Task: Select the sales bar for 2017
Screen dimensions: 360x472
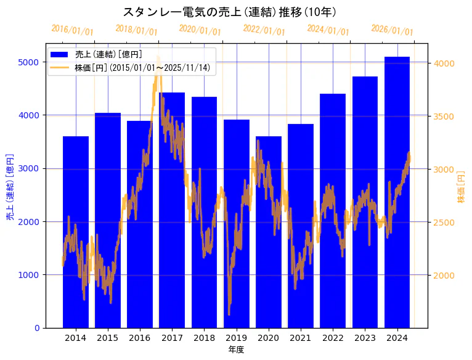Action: [172, 210]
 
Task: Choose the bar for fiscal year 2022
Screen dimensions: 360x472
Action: [333, 210]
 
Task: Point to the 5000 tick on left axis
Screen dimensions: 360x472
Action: [32, 62]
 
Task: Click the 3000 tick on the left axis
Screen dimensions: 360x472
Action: [32, 168]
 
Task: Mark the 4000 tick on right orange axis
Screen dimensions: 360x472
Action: [444, 63]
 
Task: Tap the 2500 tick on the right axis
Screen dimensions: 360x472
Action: [444, 222]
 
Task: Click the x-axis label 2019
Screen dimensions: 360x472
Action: [236, 338]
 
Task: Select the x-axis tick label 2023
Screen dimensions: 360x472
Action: [365, 338]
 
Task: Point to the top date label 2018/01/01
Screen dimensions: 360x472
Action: [137, 30]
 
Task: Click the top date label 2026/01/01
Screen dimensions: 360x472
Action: [393, 30]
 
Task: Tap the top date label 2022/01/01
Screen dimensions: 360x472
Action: [264, 30]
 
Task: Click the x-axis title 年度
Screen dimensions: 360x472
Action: [236, 350]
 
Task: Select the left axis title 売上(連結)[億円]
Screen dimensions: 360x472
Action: [10, 187]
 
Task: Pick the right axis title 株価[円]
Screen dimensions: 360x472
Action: [461, 187]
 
